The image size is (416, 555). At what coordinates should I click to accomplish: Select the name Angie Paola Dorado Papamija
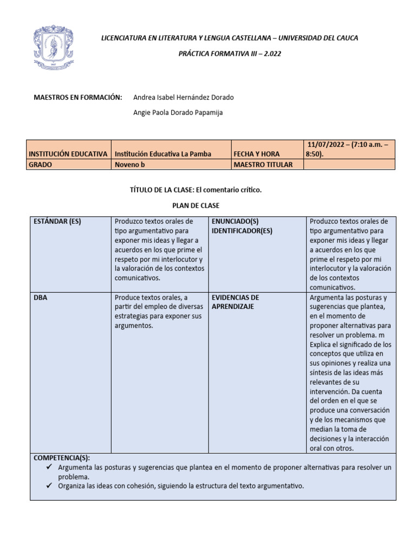[177, 113]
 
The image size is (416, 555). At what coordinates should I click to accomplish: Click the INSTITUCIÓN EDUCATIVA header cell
[68, 154]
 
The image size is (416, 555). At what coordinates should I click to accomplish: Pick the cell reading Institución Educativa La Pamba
[163, 154]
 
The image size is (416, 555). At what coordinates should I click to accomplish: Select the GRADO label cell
[41, 165]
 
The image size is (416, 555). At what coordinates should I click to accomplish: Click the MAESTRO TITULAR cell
[263, 165]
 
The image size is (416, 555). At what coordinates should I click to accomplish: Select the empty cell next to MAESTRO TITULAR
[349, 165]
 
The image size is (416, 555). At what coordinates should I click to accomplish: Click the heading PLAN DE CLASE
[196, 205]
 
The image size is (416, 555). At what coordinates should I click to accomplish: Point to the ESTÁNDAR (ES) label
[57, 222]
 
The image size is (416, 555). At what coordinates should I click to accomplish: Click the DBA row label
[40, 298]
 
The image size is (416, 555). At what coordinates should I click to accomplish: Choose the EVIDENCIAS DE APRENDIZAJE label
[235, 302]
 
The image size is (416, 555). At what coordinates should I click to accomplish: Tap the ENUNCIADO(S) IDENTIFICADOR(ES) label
[242, 226]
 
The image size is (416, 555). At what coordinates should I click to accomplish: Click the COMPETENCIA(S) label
[61, 457]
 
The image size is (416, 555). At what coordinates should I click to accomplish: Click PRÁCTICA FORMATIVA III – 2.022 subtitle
[230, 54]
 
